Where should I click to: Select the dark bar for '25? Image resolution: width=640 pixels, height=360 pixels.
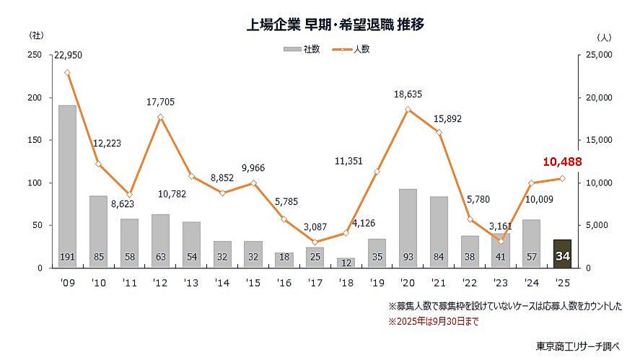[562, 253]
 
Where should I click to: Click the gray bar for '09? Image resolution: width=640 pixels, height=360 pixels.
[67, 186]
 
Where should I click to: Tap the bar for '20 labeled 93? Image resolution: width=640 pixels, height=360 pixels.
[408, 228]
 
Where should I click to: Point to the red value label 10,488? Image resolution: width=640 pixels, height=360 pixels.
[561, 162]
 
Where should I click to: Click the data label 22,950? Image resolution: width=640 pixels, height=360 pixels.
[67, 56]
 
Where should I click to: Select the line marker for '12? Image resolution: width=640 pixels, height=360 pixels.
[160, 117]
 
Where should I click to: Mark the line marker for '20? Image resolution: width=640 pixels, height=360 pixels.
[408, 110]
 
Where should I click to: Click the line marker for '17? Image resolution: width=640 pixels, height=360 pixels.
[315, 242]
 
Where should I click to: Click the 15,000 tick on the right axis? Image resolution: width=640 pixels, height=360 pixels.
[595, 140]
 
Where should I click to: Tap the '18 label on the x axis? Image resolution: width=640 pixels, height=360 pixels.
[346, 281]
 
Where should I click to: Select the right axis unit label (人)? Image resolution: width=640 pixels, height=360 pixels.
[605, 35]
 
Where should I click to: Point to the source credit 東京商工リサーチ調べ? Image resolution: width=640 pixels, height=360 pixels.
[578, 344]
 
